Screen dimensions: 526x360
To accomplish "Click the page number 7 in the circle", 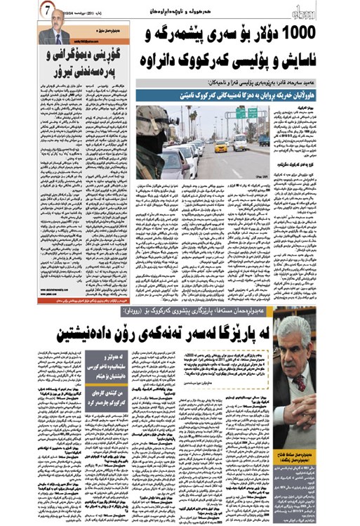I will pos(44,11).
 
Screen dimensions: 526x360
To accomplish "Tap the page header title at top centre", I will pos(180,12).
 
